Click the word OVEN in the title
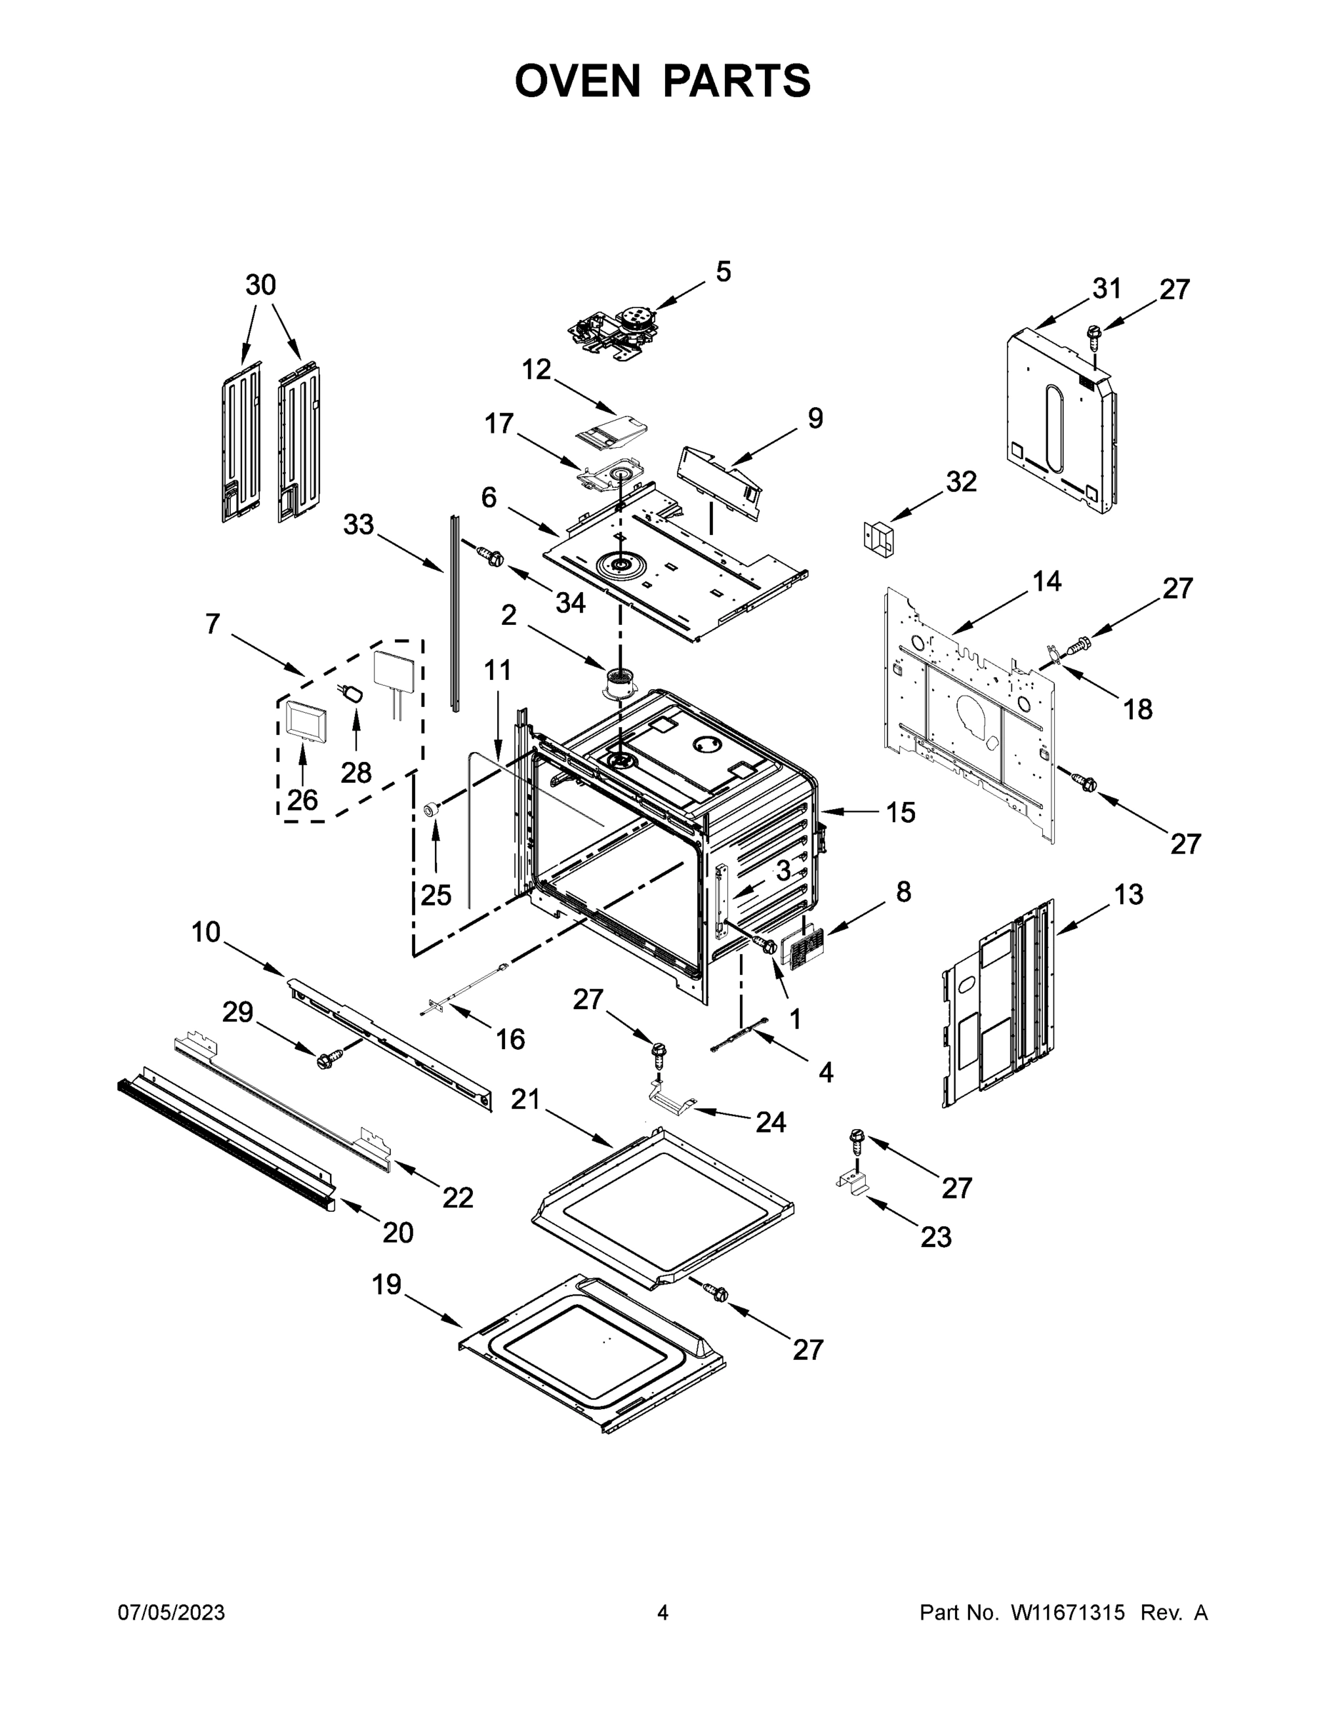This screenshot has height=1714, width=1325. [x=577, y=81]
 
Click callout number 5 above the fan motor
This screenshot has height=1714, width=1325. [x=723, y=271]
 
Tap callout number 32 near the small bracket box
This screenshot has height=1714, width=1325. [x=961, y=481]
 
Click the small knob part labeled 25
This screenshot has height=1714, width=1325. [x=431, y=809]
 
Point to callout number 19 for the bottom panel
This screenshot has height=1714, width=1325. [x=386, y=1285]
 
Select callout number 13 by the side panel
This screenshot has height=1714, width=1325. [x=1128, y=894]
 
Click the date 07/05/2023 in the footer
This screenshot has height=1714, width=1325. [x=171, y=1613]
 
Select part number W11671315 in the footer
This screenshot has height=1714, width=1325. [x=1068, y=1613]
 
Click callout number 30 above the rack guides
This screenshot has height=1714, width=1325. [x=261, y=285]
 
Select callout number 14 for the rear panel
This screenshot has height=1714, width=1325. [x=1046, y=581]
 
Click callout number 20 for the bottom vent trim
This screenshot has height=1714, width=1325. [x=398, y=1233]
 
